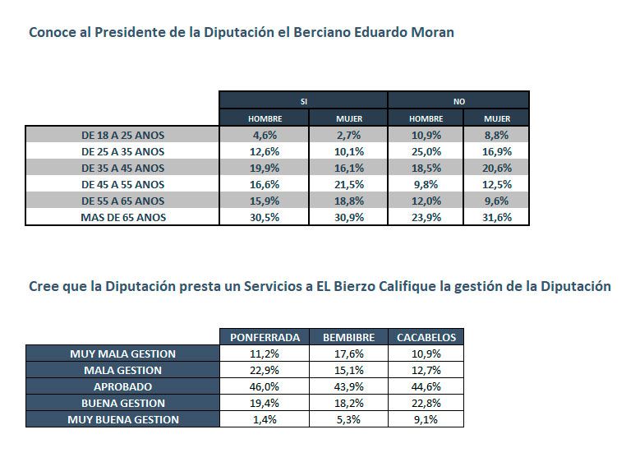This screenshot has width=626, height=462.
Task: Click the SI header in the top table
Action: [x=303, y=101]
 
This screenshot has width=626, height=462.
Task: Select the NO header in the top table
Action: [x=458, y=101]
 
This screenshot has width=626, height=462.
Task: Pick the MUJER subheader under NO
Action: [x=497, y=118]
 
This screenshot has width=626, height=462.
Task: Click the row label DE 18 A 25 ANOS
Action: [x=122, y=135]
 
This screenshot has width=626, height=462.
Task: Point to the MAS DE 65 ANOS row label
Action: [x=122, y=217]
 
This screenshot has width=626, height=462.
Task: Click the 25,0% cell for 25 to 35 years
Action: [x=426, y=151]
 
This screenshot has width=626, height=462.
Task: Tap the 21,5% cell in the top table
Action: [x=349, y=184]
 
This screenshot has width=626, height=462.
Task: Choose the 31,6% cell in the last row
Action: [x=497, y=217]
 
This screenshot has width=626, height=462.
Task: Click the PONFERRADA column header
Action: [x=264, y=337]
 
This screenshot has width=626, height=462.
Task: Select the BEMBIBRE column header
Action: [x=349, y=337]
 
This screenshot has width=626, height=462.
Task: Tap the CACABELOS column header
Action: [x=426, y=337]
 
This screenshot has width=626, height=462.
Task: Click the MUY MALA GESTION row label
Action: [x=122, y=353]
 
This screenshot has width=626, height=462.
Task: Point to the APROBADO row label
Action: [x=122, y=386]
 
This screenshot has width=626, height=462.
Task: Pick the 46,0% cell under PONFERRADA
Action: [x=264, y=386]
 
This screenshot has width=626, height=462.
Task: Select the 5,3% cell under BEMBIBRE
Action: [x=349, y=419]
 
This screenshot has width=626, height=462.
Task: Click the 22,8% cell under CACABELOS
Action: [x=426, y=403]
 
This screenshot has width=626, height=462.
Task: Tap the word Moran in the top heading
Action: [x=432, y=34]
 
